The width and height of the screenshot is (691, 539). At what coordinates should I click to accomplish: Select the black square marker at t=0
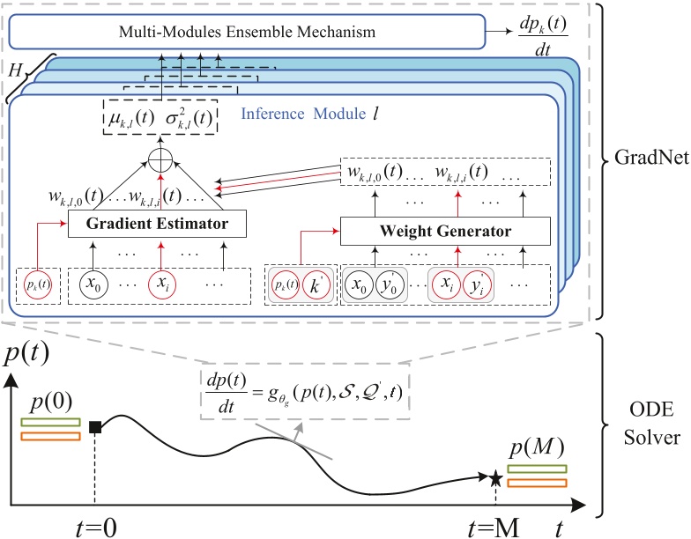pyautogui.click(x=95, y=428)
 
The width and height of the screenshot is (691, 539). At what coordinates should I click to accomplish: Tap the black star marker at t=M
pyautogui.click(x=496, y=478)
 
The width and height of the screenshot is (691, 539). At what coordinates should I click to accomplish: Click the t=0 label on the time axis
pyautogui.click(x=93, y=526)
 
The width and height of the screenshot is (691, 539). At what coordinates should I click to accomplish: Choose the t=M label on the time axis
pyautogui.click(x=493, y=526)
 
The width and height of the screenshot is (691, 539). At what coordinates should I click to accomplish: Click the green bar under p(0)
pyautogui.click(x=49, y=421)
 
